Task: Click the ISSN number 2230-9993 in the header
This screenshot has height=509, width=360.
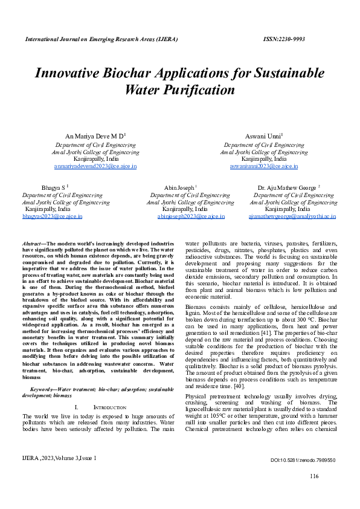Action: point(284,39)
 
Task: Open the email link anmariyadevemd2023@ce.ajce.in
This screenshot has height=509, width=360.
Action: point(95,166)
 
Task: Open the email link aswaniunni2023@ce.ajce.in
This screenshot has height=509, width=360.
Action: point(264,166)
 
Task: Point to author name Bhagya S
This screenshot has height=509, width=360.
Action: point(54,188)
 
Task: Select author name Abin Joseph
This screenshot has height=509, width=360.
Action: point(180,188)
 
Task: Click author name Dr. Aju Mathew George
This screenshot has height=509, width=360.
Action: point(288,188)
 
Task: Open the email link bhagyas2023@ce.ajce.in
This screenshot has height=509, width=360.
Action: point(52,215)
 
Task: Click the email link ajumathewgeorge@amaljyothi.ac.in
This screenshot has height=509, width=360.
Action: point(292,215)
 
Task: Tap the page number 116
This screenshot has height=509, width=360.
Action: point(313,477)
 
